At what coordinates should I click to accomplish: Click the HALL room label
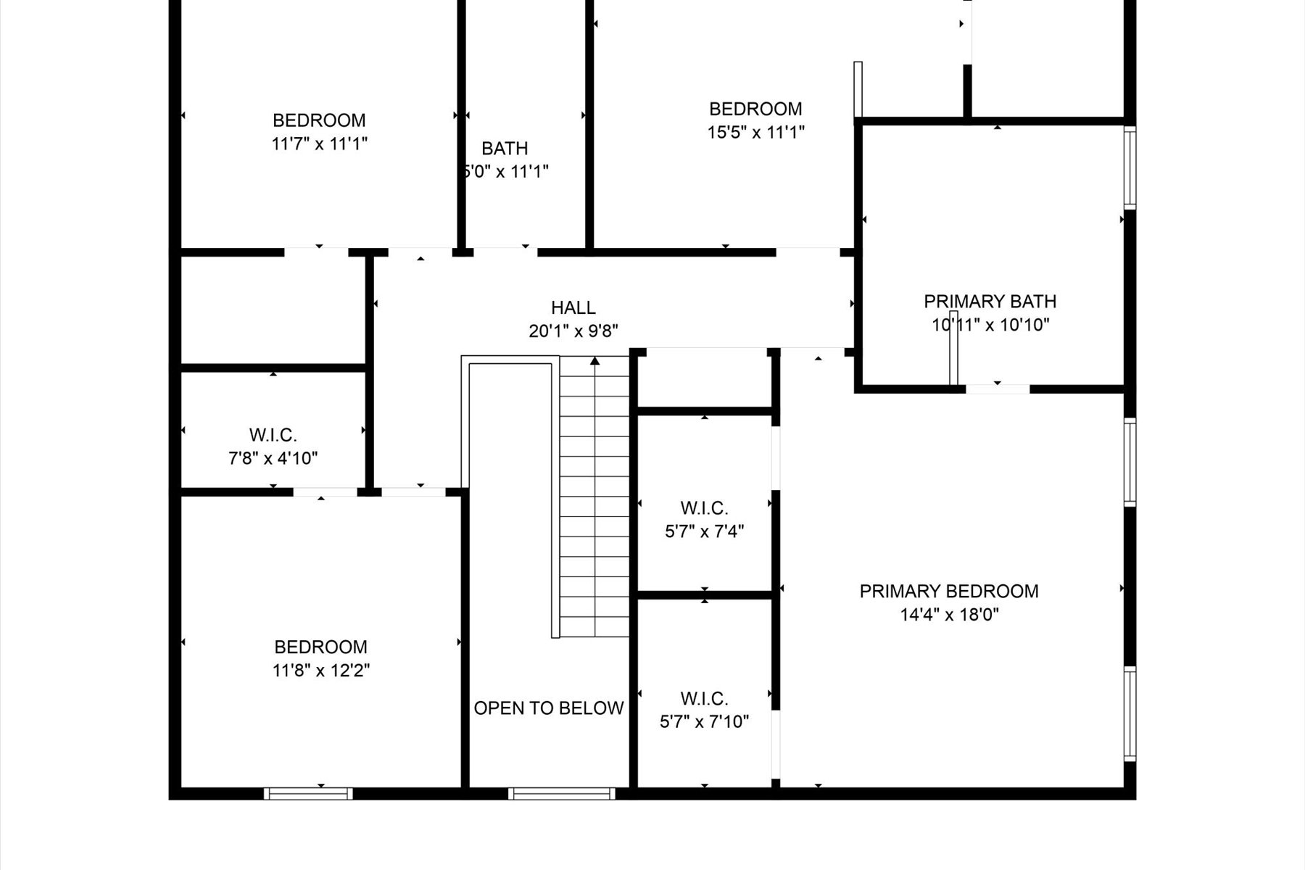coord(573,307)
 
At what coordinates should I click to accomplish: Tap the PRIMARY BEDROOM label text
coord(948,591)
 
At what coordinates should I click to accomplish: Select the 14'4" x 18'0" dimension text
coord(949,615)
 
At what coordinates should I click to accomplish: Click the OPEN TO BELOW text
coord(549,708)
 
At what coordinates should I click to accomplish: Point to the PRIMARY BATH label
coord(990,301)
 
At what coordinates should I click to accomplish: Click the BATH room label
coord(505,149)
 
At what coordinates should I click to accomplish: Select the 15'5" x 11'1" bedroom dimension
coord(755,132)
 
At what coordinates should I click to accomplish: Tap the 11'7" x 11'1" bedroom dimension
coord(319,144)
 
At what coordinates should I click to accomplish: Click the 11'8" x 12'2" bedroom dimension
coord(320,670)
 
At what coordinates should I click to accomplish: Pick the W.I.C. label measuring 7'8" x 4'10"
coord(273,435)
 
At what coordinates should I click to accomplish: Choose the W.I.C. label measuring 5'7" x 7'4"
coord(704,507)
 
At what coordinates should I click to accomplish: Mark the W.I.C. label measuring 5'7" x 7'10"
coord(704,699)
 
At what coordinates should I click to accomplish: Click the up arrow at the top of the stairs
coord(594,360)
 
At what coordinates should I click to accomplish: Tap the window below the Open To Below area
coord(562,794)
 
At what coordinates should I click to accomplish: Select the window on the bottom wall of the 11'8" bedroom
coord(308,794)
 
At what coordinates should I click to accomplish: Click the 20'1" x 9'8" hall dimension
coord(573,331)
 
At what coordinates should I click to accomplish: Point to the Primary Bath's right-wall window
coord(1130,167)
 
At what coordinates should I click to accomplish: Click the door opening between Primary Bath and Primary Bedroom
coord(997,389)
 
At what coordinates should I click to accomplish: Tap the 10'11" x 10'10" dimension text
coord(990,325)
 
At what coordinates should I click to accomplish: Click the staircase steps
coord(594,507)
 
